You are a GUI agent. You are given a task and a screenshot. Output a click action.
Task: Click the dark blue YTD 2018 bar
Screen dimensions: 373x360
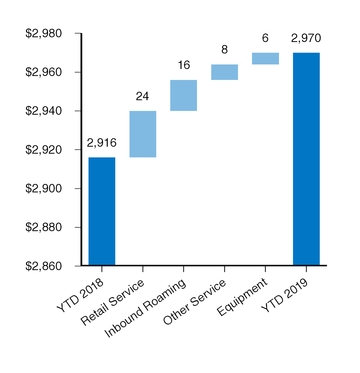click(101, 211)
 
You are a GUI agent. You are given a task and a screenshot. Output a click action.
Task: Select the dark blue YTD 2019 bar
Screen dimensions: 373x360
click(306, 159)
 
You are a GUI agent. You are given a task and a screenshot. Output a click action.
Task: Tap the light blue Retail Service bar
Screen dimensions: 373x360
click(142, 134)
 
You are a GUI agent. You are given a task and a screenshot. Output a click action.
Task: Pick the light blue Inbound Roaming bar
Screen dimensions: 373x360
click(183, 95)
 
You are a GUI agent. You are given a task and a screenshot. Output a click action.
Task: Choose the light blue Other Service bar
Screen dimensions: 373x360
click(224, 72)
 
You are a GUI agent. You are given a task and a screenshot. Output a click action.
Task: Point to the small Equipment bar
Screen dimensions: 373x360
click(265, 58)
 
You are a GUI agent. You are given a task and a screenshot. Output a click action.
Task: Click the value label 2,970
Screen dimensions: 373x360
click(306, 39)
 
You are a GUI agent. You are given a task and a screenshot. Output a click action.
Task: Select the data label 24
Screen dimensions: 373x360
click(142, 97)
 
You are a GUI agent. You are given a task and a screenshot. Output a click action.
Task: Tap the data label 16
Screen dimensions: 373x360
click(183, 66)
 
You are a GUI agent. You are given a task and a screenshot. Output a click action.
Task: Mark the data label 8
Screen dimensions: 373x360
click(224, 50)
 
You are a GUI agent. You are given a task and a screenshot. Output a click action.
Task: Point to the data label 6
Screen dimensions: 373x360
click(265, 39)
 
